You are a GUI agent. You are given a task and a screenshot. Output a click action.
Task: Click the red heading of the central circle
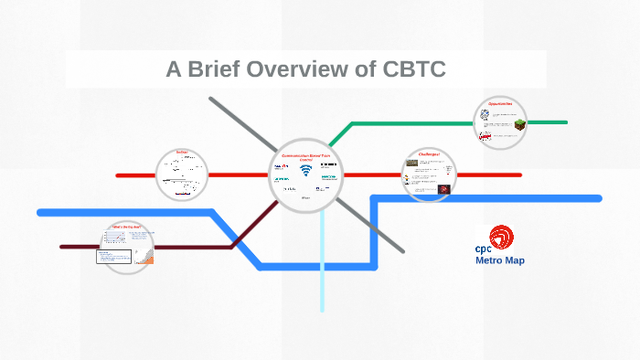(x=305, y=157)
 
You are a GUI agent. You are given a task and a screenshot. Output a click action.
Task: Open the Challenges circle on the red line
(x=430, y=174)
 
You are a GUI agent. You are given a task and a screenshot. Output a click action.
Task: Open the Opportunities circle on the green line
(x=500, y=123)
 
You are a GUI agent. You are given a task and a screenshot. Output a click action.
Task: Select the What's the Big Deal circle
(x=128, y=246)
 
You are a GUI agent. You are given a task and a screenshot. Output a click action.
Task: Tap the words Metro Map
(x=499, y=260)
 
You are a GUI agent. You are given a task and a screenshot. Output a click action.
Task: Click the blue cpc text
(x=483, y=249)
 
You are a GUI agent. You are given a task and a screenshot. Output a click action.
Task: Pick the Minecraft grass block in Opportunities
(x=519, y=124)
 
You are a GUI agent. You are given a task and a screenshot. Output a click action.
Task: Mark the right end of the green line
(x=564, y=122)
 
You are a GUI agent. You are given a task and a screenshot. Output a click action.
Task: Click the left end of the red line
(x=119, y=175)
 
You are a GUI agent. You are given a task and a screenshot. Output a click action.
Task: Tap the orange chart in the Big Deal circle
(x=148, y=258)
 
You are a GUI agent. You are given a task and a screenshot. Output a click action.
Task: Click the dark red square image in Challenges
(x=443, y=189)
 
